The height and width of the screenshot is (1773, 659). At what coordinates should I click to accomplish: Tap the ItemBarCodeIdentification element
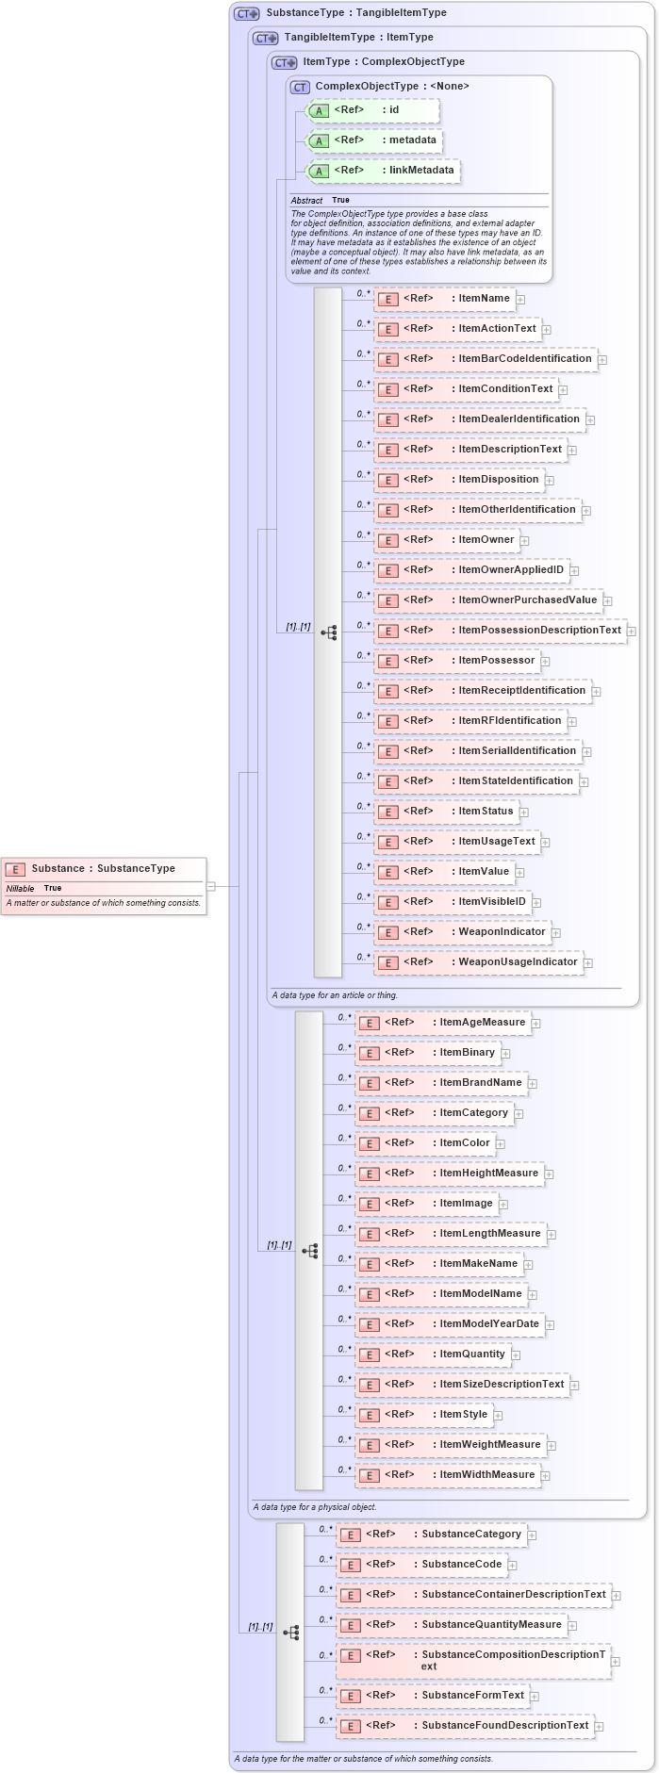pyautogui.click(x=486, y=359)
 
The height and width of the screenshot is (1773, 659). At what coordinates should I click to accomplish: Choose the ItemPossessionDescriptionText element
pyautogui.click(x=500, y=631)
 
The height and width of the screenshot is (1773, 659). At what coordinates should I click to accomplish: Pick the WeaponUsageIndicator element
pyautogui.click(x=478, y=962)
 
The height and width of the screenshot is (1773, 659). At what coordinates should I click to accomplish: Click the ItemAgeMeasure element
pyautogui.click(x=442, y=1023)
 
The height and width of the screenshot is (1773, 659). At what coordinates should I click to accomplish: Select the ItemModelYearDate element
pyautogui.click(x=450, y=1324)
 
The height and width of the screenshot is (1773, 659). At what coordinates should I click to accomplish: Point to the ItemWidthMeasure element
pyautogui.click(x=447, y=1475)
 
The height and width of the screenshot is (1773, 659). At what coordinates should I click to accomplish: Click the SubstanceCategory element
pyautogui.click(x=431, y=1535)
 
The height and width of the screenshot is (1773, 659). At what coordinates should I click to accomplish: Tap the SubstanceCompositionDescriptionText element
pyautogui.click(x=473, y=1660)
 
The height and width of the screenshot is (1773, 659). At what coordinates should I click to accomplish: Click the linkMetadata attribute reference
pyautogui.click(x=384, y=171)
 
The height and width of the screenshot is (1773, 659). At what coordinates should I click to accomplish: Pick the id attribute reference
pyautogui.click(x=373, y=110)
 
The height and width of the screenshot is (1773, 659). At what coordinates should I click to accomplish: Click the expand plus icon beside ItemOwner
pyautogui.click(x=524, y=541)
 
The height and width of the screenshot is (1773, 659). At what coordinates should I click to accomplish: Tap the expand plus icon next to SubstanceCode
pyautogui.click(x=513, y=1566)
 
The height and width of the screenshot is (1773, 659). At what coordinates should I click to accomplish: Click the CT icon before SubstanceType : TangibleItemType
pyautogui.click(x=247, y=14)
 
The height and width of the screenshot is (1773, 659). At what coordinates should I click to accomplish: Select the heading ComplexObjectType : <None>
pyautogui.click(x=392, y=87)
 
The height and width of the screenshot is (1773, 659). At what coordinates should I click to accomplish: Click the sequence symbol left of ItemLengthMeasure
pyautogui.click(x=310, y=1251)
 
